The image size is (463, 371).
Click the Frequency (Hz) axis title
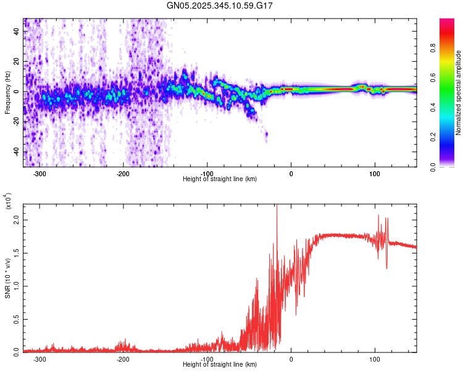(7, 93)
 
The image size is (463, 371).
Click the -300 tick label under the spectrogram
(40, 174)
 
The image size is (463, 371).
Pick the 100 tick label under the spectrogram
(374, 174)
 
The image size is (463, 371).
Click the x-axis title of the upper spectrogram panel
(220, 179)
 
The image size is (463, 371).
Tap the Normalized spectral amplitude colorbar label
(459, 93)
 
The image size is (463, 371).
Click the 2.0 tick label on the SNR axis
(15, 220)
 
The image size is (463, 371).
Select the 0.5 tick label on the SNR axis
(15, 318)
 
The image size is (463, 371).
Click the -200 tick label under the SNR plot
(123, 359)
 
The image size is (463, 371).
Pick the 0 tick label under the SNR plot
(291, 359)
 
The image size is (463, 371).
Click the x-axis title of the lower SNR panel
(220, 365)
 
